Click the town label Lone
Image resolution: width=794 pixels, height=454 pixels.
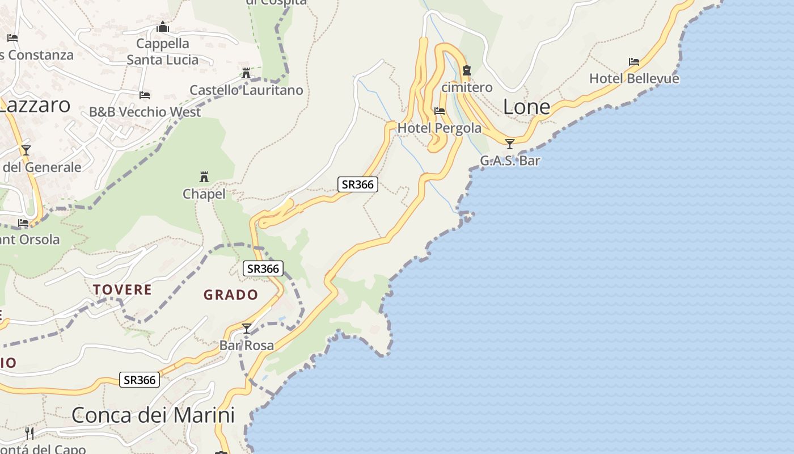coord(527,107)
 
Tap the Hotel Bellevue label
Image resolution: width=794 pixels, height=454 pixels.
coord(634,78)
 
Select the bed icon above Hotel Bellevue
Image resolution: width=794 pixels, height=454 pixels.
coord(634,61)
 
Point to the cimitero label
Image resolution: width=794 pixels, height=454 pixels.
coord(467,87)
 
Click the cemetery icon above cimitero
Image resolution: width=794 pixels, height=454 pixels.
coord(467,70)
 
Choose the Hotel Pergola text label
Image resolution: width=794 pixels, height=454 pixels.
coord(440,128)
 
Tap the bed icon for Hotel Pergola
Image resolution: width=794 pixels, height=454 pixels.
coord(440,111)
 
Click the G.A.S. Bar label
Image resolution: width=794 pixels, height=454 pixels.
coord(510,161)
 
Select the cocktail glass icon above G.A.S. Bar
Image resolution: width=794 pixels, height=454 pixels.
coord(510,144)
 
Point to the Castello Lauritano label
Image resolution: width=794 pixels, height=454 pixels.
coord(246,90)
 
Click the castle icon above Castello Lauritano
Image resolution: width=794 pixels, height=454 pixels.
coord(246,73)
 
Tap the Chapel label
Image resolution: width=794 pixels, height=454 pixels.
coord(204,194)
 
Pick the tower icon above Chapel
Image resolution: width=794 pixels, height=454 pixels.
coord(204,177)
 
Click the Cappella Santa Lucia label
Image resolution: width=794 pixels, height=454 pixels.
coord(163,52)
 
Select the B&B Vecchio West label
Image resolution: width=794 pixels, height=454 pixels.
coord(145,112)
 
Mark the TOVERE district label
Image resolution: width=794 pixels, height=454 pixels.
coord(123,290)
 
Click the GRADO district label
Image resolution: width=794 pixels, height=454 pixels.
coord(231,295)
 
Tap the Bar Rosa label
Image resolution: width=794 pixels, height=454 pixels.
coord(247,345)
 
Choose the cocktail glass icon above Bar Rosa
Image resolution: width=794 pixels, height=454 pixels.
coord(247,328)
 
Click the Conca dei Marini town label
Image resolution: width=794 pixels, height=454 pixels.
coord(153,415)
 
